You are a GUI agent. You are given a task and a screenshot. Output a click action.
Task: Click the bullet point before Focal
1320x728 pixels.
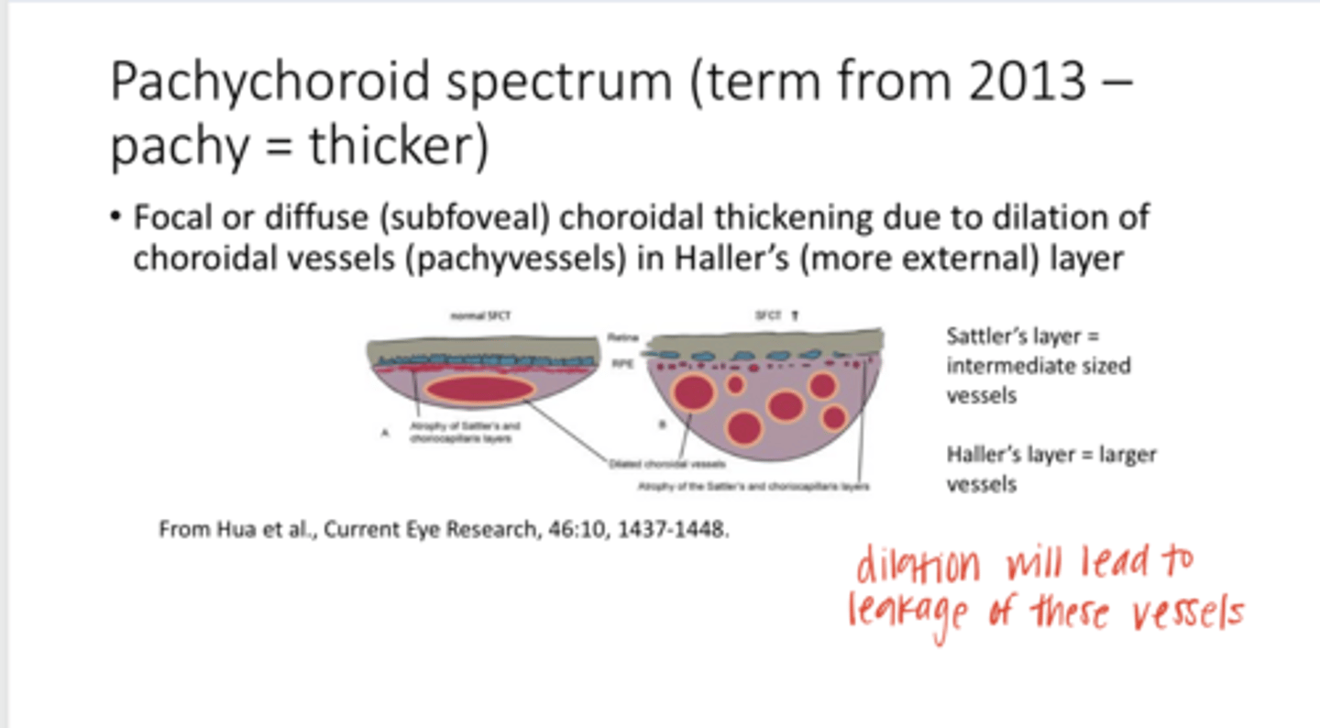(115, 218)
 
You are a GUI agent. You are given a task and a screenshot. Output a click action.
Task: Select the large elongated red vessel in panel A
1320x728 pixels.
(478, 389)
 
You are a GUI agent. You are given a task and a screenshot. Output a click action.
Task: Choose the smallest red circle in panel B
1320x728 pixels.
(735, 385)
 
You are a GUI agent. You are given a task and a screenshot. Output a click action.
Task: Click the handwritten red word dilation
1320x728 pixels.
(918, 566)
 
